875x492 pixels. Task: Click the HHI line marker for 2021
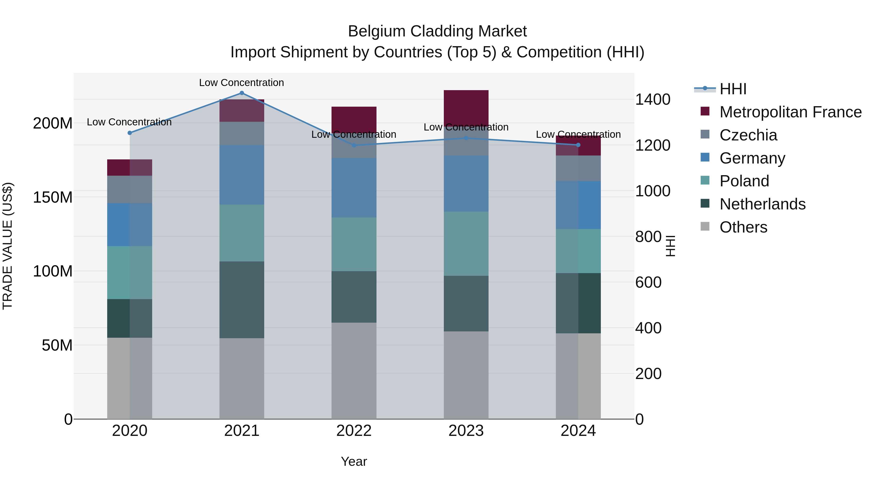242,93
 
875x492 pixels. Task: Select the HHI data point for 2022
354,145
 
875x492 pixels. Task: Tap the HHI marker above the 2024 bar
578,145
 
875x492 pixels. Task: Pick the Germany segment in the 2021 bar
242,175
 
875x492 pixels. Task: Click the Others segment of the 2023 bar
466,375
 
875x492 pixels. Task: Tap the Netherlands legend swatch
705,204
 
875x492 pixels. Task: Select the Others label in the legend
743,227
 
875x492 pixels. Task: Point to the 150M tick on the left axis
53,197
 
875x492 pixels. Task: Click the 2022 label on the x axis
354,431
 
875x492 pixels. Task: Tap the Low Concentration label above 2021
242,83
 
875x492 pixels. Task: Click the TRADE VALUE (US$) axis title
8,246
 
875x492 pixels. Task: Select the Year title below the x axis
354,461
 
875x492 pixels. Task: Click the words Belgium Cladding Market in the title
437,31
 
